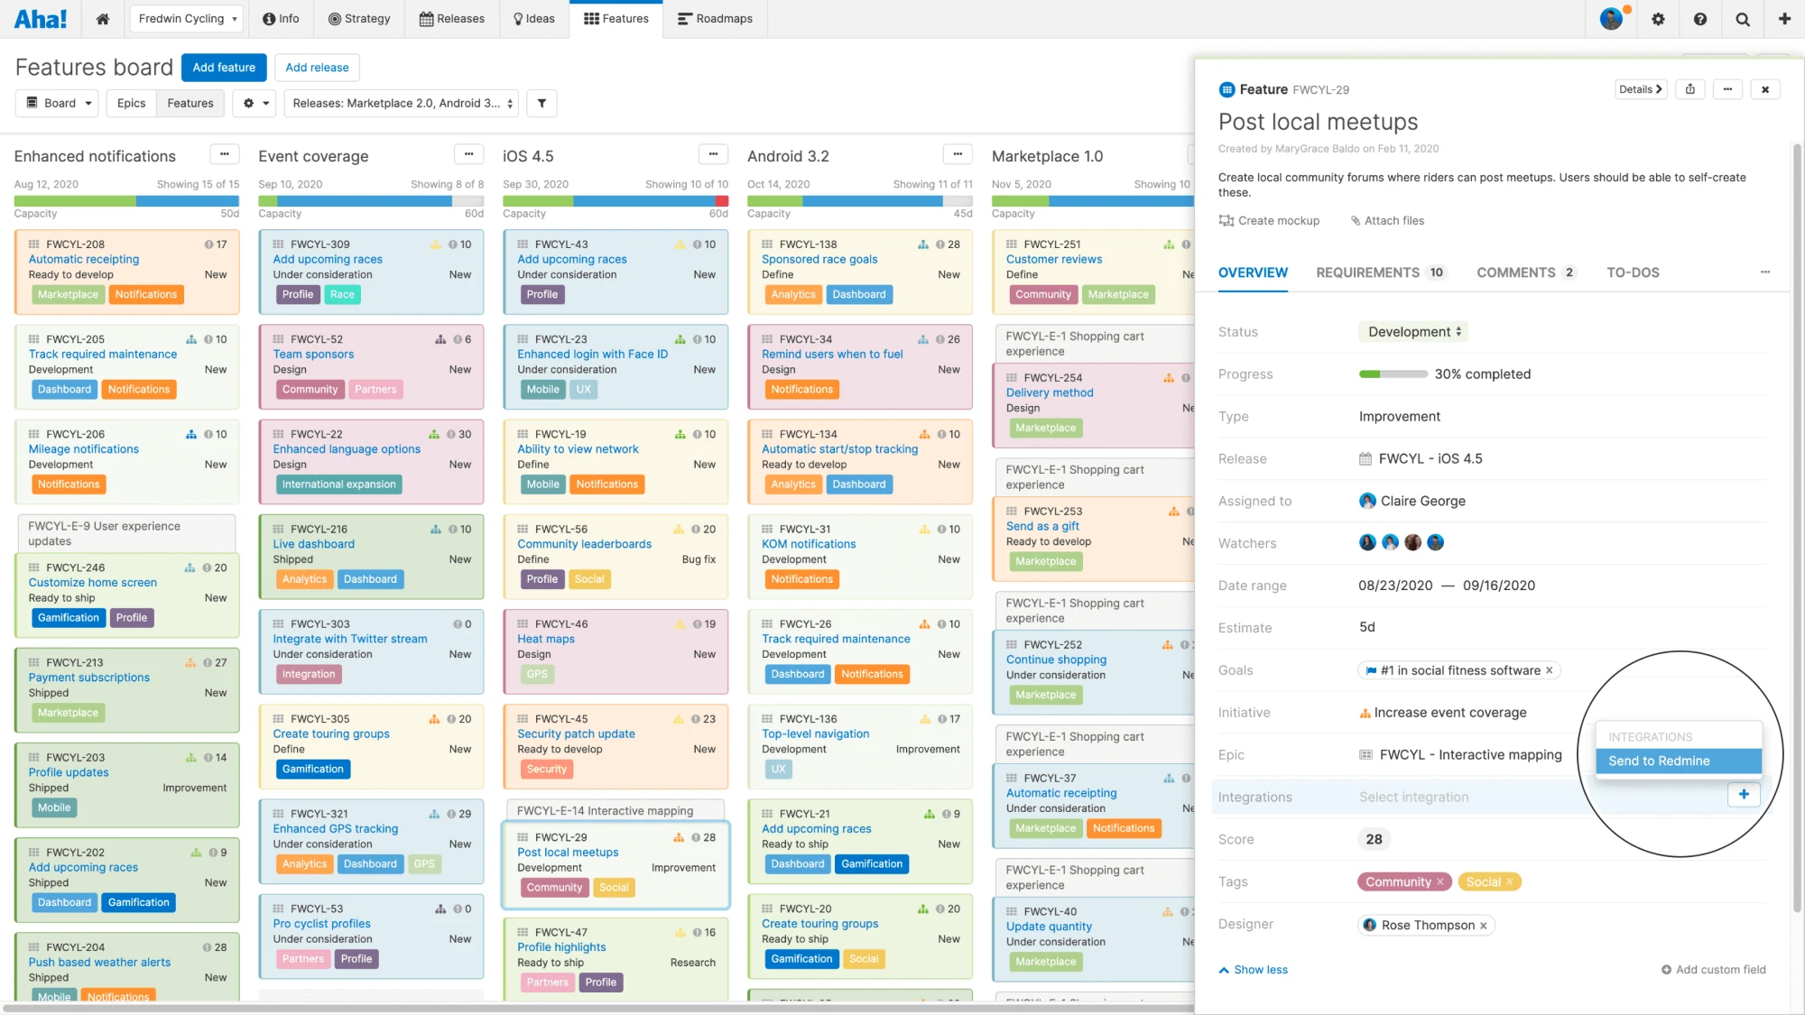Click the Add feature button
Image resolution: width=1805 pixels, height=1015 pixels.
pyautogui.click(x=224, y=68)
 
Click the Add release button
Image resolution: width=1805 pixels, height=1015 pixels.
pyautogui.click(x=317, y=68)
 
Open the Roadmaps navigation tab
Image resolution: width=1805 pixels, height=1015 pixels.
pyautogui.click(x=715, y=19)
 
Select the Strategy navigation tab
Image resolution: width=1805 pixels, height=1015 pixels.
pyautogui.click(x=359, y=19)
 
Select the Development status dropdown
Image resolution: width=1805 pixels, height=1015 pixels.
pyautogui.click(x=1413, y=332)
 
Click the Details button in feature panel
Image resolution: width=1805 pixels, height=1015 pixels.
pyautogui.click(x=1640, y=89)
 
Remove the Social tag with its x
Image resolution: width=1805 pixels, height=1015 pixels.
pyautogui.click(x=1509, y=882)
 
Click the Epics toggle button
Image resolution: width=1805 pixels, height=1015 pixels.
pyautogui.click(x=131, y=104)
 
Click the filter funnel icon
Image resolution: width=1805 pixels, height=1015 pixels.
pyautogui.click(x=541, y=104)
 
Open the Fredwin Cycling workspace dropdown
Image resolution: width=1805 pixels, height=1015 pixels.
pyautogui.click(x=187, y=19)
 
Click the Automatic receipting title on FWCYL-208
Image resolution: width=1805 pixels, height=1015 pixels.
pyautogui.click(x=84, y=260)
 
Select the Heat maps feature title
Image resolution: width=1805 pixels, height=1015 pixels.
pyautogui.click(x=546, y=640)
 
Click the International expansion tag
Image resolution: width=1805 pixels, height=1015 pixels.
pyautogui.click(x=338, y=484)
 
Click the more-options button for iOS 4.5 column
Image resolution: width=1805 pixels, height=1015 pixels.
pyautogui.click(x=713, y=155)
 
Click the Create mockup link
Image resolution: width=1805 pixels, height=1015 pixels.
pyautogui.click(x=1270, y=221)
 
